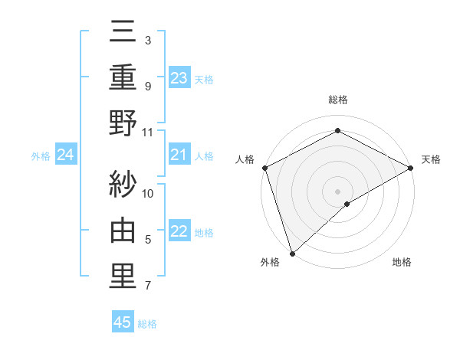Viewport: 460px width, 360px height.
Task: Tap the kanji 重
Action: (x=123, y=77)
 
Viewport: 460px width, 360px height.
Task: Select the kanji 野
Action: (x=123, y=123)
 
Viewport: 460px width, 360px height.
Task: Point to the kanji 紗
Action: (x=123, y=184)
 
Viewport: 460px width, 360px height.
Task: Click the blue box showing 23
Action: (x=179, y=77)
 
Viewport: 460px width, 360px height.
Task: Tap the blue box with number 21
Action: (x=179, y=155)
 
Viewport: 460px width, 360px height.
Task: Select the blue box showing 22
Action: (x=179, y=232)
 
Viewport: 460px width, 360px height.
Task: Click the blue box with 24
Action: (x=66, y=155)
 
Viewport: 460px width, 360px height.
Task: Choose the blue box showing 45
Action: (x=123, y=322)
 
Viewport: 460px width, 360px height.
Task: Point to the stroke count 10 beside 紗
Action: (x=148, y=194)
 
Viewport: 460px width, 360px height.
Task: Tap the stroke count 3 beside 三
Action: (x=147, y=40)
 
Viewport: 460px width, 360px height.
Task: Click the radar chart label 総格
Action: (x=337, y=100)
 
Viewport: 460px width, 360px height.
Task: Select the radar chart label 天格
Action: (x=431, y=159)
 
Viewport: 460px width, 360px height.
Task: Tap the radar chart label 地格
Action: (x=402, y=263)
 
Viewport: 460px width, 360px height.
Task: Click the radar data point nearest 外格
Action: (x=292, y=253)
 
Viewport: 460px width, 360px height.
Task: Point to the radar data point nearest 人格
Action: (x=264, y=168)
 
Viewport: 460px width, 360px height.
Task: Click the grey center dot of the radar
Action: (x=337, y=191)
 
